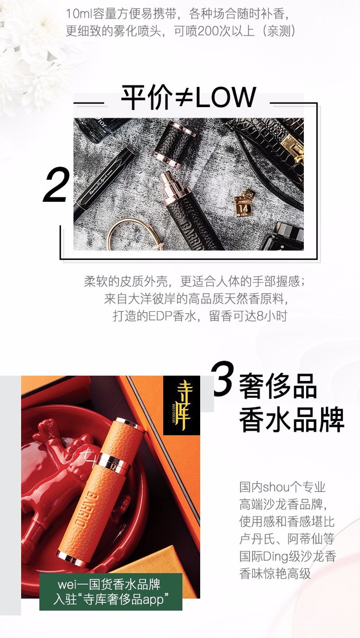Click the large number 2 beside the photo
click(x=56, y=185)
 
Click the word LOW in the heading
click(x=225, y=97)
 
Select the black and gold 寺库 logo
click(x=181, y=405)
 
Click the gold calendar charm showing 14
click(x=244, y=203)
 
